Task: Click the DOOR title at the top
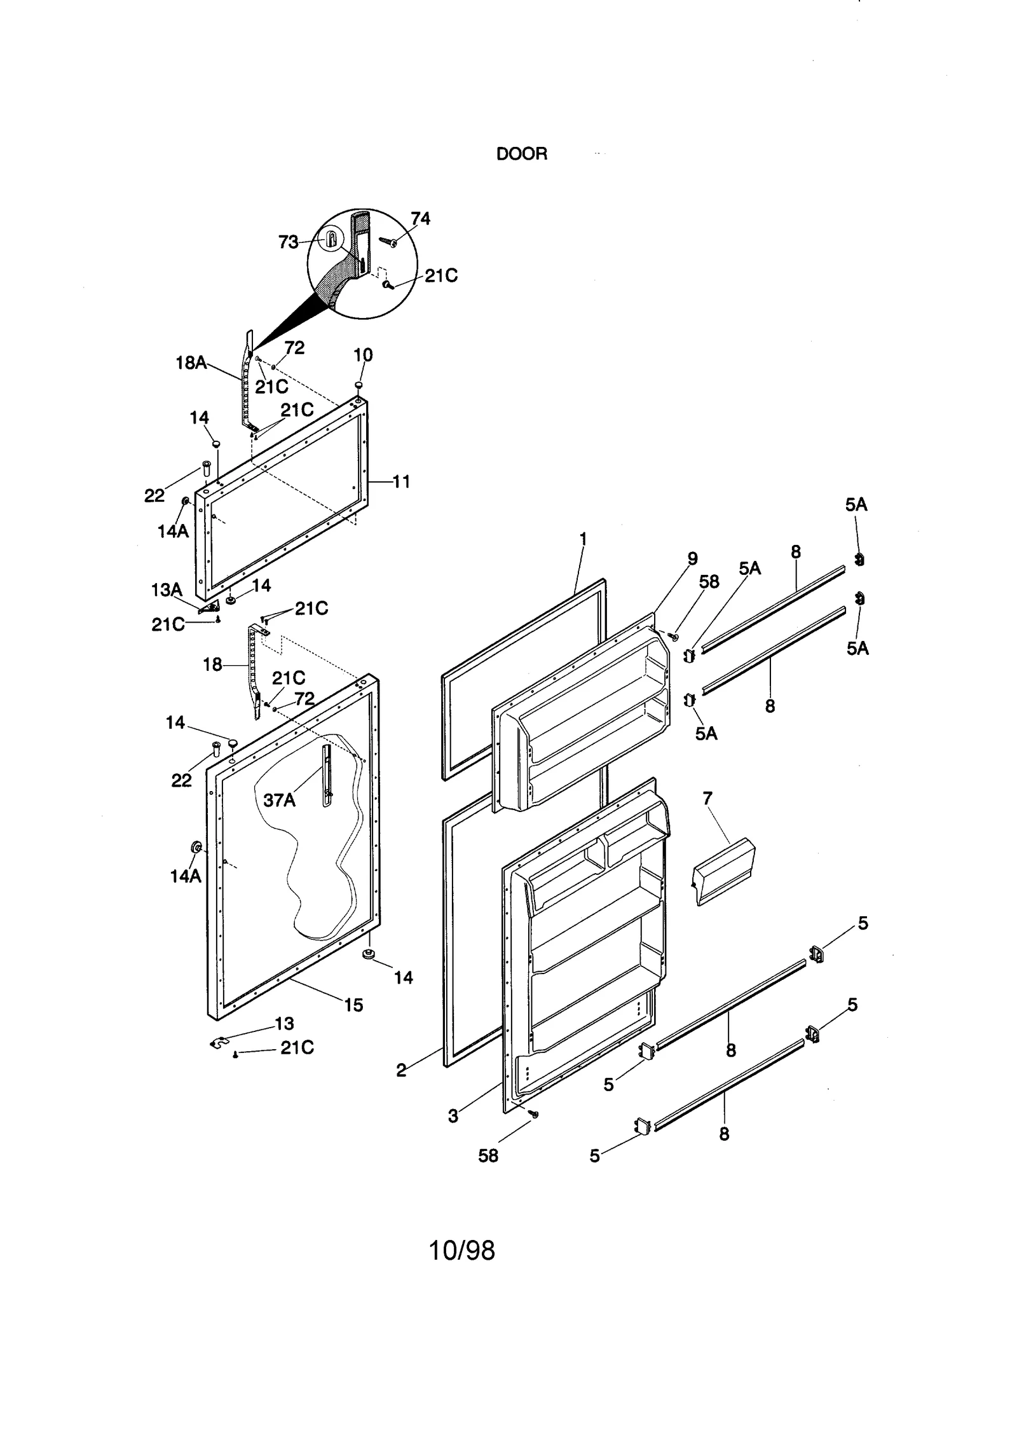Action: point(521,154)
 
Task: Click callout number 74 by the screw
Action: point(420,219)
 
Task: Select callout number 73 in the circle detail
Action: point(288,242)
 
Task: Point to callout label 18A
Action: point(191,363)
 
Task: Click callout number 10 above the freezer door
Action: point(363,355)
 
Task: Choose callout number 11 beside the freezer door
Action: point(401,481)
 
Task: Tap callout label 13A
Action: point(167,590)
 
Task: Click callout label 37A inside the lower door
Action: point(280,800)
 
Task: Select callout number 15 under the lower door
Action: point(353,1005)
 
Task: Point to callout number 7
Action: point(707,798)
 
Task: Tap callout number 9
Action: point(692,558)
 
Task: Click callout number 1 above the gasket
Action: point(583,539)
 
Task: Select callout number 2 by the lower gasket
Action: point(401,1070)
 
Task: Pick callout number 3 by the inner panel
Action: point(453,1116)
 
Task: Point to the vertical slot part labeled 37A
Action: point(327,776)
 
